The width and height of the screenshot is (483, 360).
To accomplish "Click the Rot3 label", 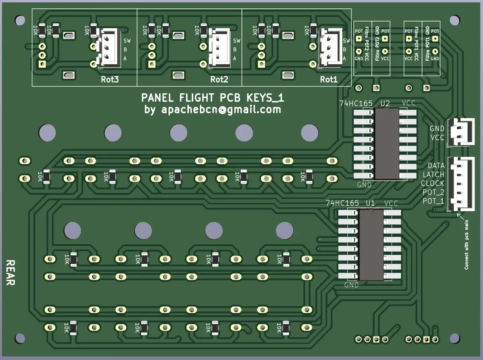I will [x=110, y=79].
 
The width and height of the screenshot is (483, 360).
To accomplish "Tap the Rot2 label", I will [x=219, y=79].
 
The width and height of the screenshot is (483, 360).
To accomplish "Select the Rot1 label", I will [x=329, y=79].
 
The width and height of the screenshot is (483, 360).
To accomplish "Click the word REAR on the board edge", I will [x=11, y=273].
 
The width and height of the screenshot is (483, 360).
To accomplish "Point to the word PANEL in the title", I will [x=158, y=98].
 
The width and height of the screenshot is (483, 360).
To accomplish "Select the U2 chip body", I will [x=387, y=143].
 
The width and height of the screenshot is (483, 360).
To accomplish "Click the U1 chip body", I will [x=371, y=245].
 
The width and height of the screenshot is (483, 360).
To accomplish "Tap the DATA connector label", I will [x=436, y=165].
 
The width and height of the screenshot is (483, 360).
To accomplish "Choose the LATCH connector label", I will [x=433, y=174].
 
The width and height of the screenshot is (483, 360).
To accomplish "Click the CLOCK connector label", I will [x=432, y=183].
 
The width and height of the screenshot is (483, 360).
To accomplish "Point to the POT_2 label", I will [x=433, y=192].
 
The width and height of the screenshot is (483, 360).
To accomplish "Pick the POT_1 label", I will [x=433, y=201].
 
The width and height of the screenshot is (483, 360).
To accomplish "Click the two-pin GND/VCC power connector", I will [x=462, y=132].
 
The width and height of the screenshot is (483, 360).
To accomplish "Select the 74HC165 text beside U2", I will [x=355, y=104].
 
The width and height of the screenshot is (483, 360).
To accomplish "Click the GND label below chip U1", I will [x=351, y=285].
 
